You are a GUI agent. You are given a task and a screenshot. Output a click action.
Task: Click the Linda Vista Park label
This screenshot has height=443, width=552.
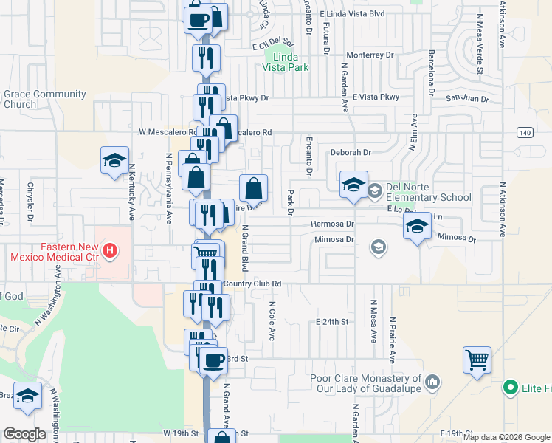(285, 61)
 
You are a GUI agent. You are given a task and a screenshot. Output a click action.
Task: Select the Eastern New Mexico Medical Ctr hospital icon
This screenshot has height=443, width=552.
(110, 251)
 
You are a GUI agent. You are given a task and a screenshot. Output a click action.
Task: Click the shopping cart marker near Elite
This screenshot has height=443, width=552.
(477, 361)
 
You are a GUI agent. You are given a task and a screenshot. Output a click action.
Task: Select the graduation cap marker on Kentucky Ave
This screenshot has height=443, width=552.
(114, 160)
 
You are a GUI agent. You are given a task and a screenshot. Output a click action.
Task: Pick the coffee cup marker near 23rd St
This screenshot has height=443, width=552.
(213, 360)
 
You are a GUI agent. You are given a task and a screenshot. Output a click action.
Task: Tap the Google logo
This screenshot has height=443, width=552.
(24, 434)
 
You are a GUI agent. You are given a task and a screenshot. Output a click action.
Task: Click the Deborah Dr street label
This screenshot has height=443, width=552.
(350, 153)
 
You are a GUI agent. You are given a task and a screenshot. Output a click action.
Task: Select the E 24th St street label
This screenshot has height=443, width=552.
(331, 322)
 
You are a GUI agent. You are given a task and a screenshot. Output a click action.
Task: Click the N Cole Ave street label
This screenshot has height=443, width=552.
(272, 320)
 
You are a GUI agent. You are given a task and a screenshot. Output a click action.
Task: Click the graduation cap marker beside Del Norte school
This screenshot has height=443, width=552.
(353, 185)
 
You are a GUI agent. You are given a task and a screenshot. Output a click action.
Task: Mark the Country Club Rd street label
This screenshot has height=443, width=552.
(252, 284)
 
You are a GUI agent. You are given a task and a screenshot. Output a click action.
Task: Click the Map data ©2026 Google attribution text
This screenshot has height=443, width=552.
(507, 437)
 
